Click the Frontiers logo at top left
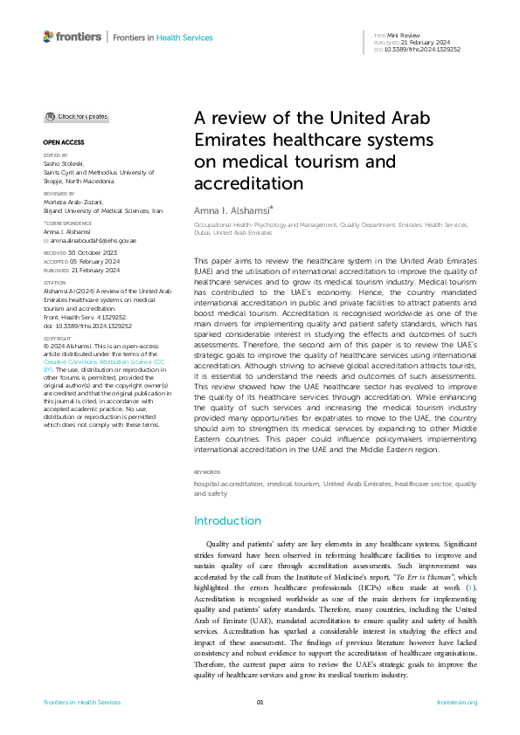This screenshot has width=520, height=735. [x=72, y=37]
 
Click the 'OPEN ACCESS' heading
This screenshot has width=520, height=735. [x=63, y=141]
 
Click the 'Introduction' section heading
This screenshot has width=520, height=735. [x=227, y=520]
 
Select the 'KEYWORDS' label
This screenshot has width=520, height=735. [x=208, y=472]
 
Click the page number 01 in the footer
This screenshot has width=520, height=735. [x=260, y=703]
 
